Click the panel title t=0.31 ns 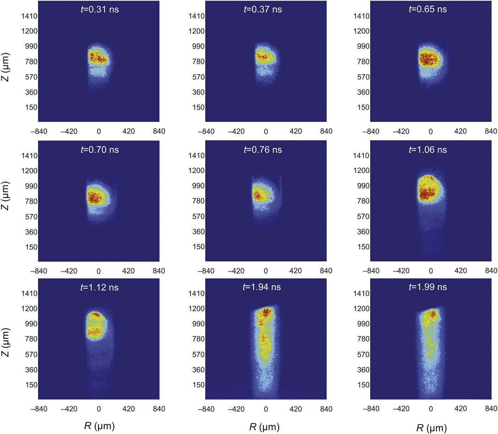coord(100,10)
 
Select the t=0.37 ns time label coord(263,10)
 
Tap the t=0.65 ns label coord(428,10)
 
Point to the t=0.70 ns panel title coord(100,150)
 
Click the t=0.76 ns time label coord(263,150)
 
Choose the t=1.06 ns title coord(428,150)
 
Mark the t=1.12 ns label coord(100,287)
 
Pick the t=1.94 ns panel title coord(262,287)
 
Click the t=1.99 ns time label coord(428,287)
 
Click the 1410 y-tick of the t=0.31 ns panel coord(29,16)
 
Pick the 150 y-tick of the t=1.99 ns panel coord(363,385)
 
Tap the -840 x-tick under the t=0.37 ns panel coord(206,132)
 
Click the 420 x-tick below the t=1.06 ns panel coord(460,271)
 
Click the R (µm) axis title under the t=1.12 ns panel coord(99,426)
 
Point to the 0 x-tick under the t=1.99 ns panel coord(431,409)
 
